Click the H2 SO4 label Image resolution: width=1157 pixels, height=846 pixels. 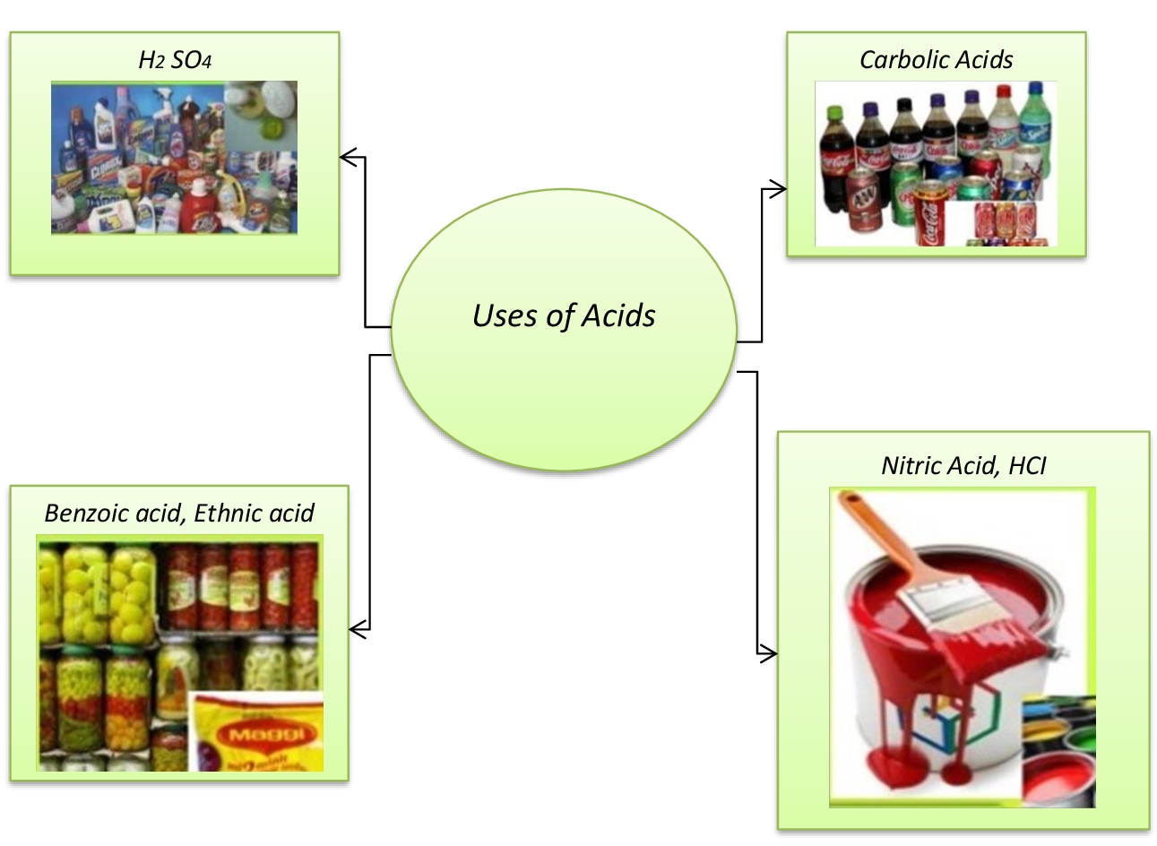(x=175, y=60)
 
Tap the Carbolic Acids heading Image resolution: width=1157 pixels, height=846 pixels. (x=936, y=60)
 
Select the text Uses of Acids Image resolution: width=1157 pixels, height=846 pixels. (x=564, y=315)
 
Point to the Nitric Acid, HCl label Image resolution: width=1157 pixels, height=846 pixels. (x=963, y=465)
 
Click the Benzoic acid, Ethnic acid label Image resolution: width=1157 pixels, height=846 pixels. (x=179, y=513)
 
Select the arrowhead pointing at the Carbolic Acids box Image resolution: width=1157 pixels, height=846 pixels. (x=780, y=189)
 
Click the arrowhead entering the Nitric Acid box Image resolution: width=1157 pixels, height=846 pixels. (x=770, y=654)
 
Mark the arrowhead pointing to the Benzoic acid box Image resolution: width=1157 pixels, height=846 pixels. (x=356, y=631)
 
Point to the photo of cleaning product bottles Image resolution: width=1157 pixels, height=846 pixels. (x=174, y=158)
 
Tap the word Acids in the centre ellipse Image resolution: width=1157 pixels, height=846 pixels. (x=618, y=315)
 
